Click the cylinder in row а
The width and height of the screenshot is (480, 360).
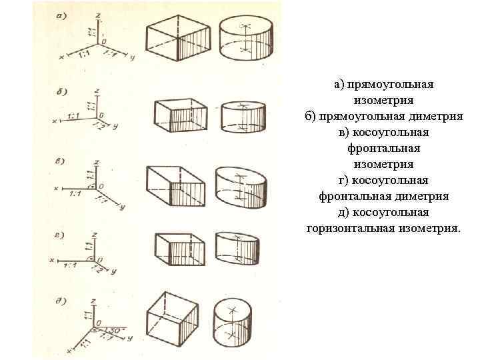point(245,39)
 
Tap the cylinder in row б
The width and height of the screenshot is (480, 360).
point(243,116)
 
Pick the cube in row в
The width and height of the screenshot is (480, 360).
point(175,185)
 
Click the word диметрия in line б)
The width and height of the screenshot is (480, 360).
point(437,116)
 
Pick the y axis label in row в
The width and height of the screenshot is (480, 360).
point(123,208)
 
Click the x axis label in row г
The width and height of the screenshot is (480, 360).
point(53,257)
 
